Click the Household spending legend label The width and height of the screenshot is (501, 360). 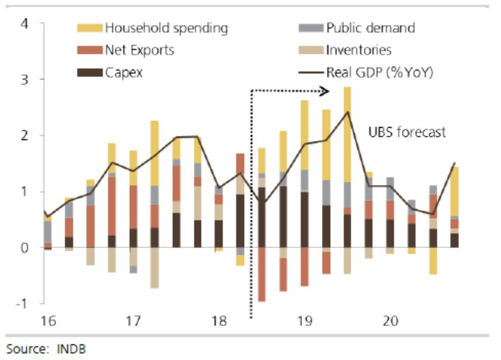(166, 28)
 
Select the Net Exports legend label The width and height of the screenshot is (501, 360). (139, 50)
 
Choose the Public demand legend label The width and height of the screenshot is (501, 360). (370, 28)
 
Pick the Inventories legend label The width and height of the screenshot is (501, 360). (360, 50)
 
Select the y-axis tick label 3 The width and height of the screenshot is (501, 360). (25, 80)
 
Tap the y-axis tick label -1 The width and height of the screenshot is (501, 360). (23, 304)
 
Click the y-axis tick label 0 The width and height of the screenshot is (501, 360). (25, 248)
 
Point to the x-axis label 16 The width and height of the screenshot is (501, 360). (49, 320)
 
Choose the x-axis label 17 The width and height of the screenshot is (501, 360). (133, 320)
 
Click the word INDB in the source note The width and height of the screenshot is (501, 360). (74, 348)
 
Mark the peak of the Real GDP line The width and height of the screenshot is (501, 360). (347, 112)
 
